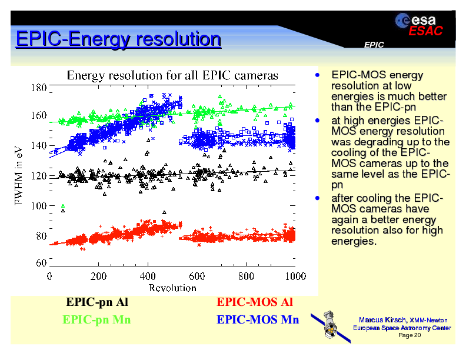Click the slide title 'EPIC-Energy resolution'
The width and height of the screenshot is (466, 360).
118,39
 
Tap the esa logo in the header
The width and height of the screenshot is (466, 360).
415,20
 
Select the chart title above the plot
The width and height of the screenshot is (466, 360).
172,75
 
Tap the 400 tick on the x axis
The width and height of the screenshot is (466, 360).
148,276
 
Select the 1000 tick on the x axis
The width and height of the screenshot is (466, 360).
295,276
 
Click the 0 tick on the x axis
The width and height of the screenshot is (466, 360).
49,276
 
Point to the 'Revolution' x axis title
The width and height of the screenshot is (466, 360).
172,288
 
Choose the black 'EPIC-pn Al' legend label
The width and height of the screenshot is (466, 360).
97,302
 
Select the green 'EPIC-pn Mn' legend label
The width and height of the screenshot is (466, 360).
96,320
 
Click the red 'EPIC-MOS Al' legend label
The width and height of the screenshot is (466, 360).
255,302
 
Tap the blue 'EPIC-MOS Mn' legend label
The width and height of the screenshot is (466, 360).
258,320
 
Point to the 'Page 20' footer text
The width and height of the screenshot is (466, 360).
410,335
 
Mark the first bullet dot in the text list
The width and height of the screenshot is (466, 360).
317,75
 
